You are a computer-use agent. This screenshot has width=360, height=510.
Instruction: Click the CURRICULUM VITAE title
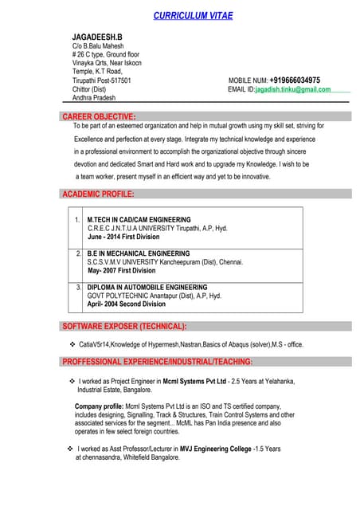[194, 16]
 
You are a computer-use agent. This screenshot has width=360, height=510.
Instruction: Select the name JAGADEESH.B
[97, 37]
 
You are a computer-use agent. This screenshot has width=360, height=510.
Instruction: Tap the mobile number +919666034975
[295, 80]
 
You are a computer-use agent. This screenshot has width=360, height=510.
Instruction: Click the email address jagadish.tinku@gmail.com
[292, 89]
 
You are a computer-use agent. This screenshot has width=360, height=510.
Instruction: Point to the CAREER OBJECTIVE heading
[99, 116]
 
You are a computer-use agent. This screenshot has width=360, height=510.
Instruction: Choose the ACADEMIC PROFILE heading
[98, 194]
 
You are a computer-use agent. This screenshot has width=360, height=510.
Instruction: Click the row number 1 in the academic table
[77, 219]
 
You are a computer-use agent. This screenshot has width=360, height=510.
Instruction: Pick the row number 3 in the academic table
[79, 287]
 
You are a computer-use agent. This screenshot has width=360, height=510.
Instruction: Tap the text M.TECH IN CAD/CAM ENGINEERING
[139, 219]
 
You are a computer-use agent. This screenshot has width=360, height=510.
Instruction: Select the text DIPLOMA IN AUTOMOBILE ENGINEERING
[147, 287]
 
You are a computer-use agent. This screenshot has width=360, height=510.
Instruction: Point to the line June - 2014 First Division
[123, 237]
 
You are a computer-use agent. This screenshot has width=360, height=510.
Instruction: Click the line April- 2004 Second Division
[127, 304]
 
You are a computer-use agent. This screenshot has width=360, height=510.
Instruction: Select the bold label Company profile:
[100, 406]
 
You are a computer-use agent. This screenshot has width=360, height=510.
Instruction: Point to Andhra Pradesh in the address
[94, 98]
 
